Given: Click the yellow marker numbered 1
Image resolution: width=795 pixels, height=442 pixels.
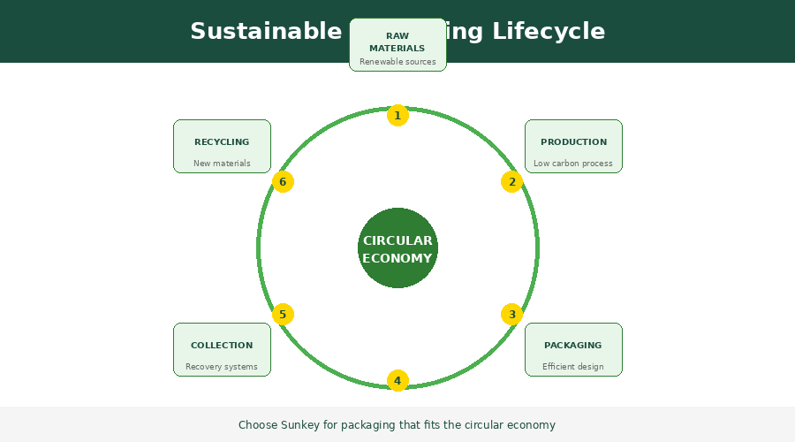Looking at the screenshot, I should coord(397,115).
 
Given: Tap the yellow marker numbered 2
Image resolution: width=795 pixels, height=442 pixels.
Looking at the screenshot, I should coord(512,182).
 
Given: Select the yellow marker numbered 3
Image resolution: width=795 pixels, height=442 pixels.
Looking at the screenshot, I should coord(512,314).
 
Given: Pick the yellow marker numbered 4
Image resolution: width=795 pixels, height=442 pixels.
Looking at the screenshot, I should coord(397,381).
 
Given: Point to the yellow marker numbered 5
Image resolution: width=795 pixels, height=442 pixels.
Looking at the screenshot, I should coord(283,314).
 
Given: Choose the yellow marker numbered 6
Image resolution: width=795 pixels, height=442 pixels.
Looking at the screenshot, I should coord(283,182).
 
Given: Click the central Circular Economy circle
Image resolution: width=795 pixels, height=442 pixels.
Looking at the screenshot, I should coord(397,248).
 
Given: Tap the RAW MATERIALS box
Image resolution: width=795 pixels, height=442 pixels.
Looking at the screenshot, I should coord(397,45).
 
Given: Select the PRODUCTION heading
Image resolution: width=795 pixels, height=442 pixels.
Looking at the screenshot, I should coord(573,141).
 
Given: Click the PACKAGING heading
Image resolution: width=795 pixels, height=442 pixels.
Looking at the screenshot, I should coord(572,345).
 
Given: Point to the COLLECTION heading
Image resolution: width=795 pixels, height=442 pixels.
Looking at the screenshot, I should coord(222,345).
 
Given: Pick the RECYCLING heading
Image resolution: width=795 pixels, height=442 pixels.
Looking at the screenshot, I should coord(222,141).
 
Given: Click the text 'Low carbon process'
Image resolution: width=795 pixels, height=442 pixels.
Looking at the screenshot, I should coord(573,164).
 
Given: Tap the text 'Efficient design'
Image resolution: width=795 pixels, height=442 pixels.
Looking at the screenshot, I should coord(573,367).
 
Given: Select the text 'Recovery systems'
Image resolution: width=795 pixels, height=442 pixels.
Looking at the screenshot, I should coord(222,367).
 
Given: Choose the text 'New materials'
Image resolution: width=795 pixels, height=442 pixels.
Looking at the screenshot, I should coord(222,164).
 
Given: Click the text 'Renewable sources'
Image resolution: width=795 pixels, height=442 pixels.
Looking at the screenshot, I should coord(397,62).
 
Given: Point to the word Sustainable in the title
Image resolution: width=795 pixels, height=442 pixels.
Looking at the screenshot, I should coord(265,32).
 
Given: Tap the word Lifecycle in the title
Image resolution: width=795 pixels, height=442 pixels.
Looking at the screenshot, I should coord(549,32).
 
